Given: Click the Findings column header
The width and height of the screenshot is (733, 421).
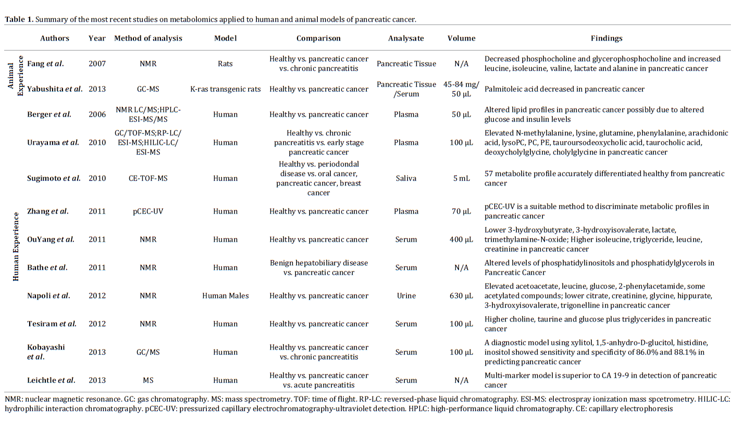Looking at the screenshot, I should click(606, 38).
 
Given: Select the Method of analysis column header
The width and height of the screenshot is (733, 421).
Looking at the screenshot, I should click(148, 38).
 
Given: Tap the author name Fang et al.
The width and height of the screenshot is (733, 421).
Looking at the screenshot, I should click(45, 64).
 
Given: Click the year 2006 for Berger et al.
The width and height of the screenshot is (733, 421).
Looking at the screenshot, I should click(97, 114).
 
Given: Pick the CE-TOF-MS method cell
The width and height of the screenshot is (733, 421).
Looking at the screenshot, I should click(148, 178).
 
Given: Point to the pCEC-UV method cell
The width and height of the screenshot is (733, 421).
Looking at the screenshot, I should click(148, 211).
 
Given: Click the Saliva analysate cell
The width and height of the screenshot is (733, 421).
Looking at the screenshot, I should click(406, 178).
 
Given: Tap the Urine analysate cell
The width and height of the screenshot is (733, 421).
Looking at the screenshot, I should click(406, 295).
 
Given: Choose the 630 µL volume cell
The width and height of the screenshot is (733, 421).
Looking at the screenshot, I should click(462, 295).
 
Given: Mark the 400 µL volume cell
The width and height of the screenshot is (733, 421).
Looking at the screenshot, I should click(462, 239).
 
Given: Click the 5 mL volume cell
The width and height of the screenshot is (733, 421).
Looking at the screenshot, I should click(462, 178).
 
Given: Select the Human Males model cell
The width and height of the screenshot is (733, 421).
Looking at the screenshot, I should click(226, 295).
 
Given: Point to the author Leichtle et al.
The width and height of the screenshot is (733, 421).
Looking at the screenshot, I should click(51, 380).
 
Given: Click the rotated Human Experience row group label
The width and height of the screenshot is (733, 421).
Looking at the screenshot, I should click(16, 239).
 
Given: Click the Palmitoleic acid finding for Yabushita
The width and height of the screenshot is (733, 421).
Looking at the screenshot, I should click(564, 89).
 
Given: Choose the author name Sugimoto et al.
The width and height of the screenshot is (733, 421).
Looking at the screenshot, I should click(54, 178).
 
